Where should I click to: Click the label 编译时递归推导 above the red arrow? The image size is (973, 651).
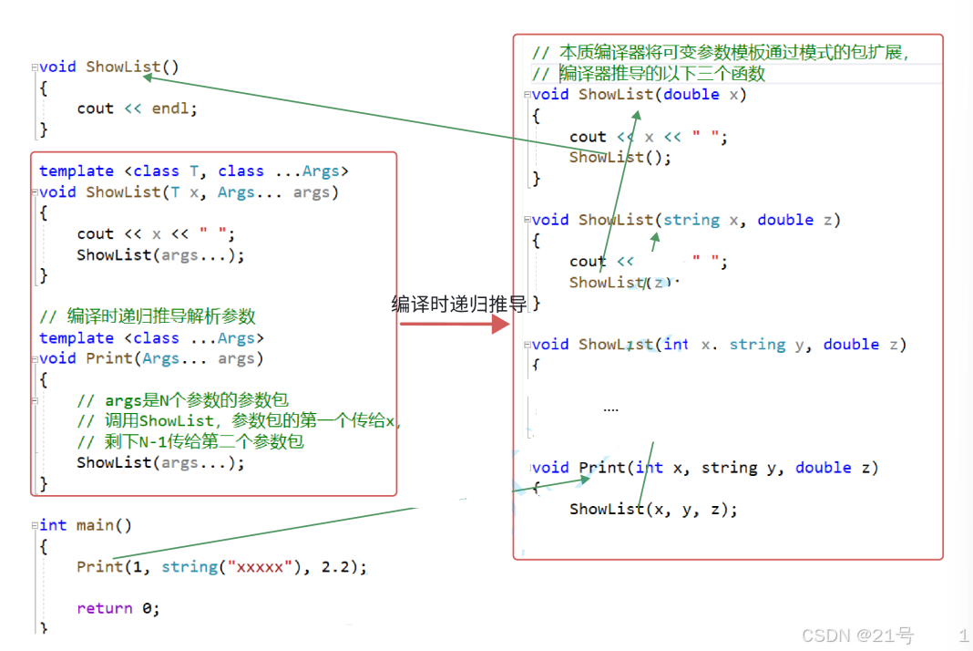coord(459,304)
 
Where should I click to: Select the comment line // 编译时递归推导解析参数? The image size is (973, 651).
coord(148,316)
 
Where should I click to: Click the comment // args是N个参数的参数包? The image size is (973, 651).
coord(182,400)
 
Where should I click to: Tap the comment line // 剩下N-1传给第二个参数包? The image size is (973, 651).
coord(189,441)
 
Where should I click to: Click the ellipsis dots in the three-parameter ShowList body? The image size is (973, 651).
coord(610,409)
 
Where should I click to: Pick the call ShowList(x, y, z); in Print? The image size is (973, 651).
coord(653,509)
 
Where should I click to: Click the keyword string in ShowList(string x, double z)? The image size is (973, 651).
coord(691,220)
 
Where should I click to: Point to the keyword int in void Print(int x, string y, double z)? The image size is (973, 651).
coord(650,468)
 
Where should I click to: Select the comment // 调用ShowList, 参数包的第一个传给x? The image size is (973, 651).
coord(239,421)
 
